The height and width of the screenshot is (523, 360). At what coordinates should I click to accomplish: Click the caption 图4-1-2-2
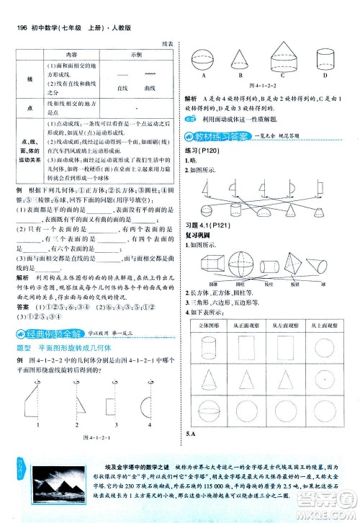point(264,84)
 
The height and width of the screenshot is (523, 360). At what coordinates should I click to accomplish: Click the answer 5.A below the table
point(191,453)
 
